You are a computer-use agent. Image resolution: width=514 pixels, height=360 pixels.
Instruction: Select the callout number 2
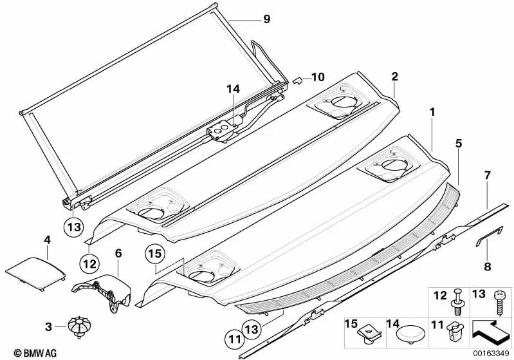(394, 76)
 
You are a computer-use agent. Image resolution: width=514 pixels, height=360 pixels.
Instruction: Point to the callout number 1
(432, 112)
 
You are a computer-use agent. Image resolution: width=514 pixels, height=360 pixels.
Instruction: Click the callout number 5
(458, 144)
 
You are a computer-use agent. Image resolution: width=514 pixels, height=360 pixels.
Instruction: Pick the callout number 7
(487, 175)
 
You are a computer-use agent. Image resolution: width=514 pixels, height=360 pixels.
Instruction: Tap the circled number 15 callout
(155, 254)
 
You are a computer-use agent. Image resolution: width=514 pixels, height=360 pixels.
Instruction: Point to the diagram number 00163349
(491, 353)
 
